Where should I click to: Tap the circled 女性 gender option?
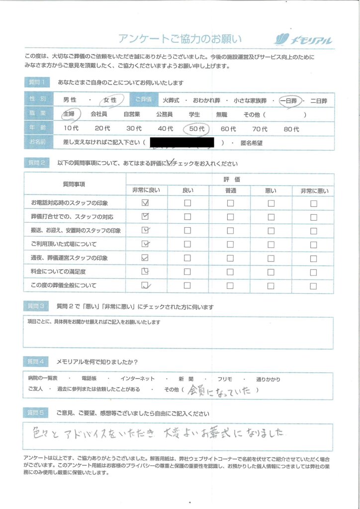[x=109, y=100]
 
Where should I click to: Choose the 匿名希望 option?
[x=252, y=143]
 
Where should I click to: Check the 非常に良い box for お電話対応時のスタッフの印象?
[x=145, y=203]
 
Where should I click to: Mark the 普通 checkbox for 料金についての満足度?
[x=230, y=271]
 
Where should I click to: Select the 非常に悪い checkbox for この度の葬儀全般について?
[x=313, y=285]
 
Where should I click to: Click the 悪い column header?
[x=271, y=190]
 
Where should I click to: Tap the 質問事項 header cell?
[x=74, y=184]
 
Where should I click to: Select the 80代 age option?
[x=291, y=129]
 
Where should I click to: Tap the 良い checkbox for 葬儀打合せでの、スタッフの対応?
[x=187, y=217]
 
